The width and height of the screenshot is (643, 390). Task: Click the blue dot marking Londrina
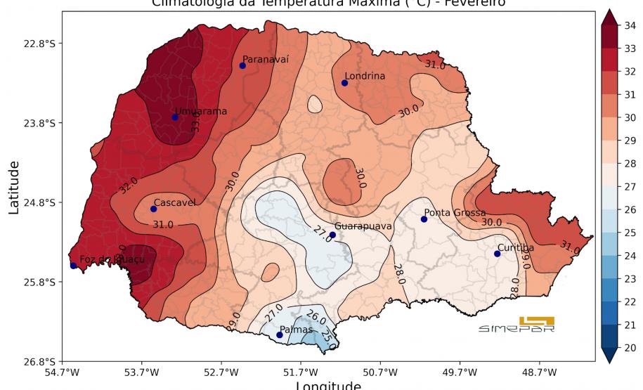coord(345,83)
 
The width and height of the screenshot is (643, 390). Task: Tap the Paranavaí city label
coord(266,60)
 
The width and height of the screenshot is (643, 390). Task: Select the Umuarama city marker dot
coord(175,117)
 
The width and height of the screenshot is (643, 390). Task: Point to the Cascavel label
coord(174,202)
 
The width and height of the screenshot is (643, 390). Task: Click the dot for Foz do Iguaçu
coord(74,266)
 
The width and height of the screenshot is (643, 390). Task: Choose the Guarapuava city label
coord(363,226)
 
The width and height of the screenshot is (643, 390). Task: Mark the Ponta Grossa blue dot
coord(424,219)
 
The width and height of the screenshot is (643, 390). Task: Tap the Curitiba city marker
coord(497,254)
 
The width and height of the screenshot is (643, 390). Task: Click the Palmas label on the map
coord(296,329)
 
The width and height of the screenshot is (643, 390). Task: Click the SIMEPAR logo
coord(517,325)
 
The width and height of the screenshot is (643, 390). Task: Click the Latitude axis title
coord(13,186)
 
